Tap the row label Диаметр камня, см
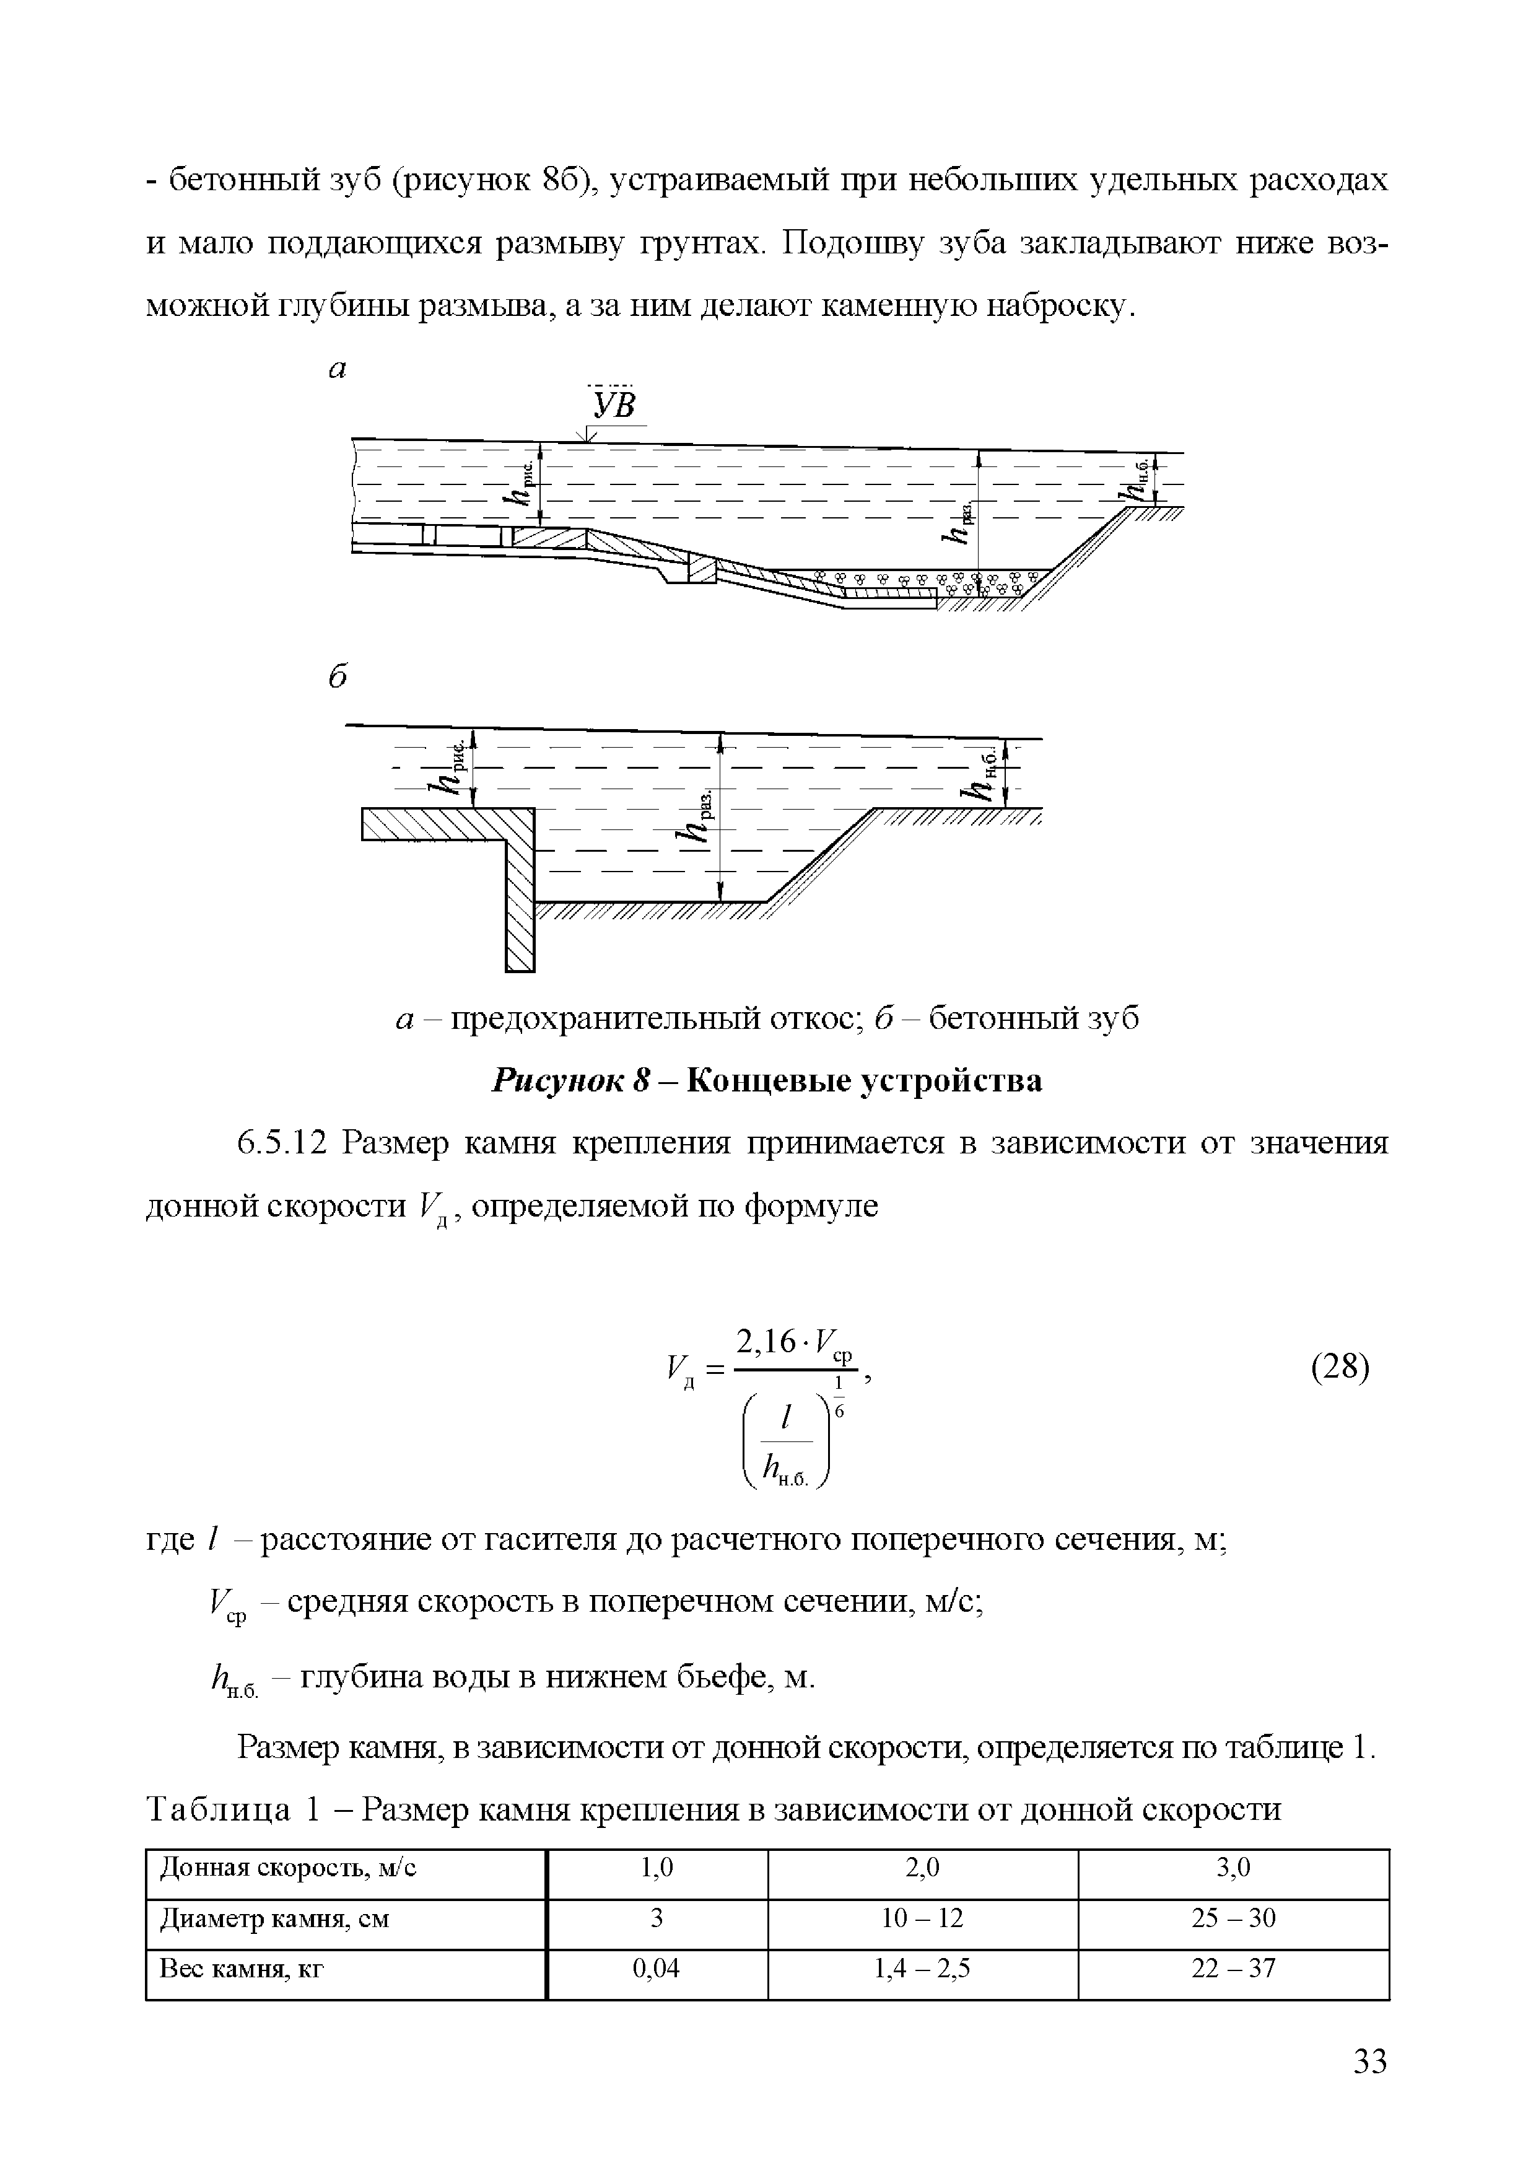click(x=274, y=1920)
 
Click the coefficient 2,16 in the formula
click(x=771, y=1341)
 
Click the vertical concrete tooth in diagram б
click(x=520, y=899)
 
